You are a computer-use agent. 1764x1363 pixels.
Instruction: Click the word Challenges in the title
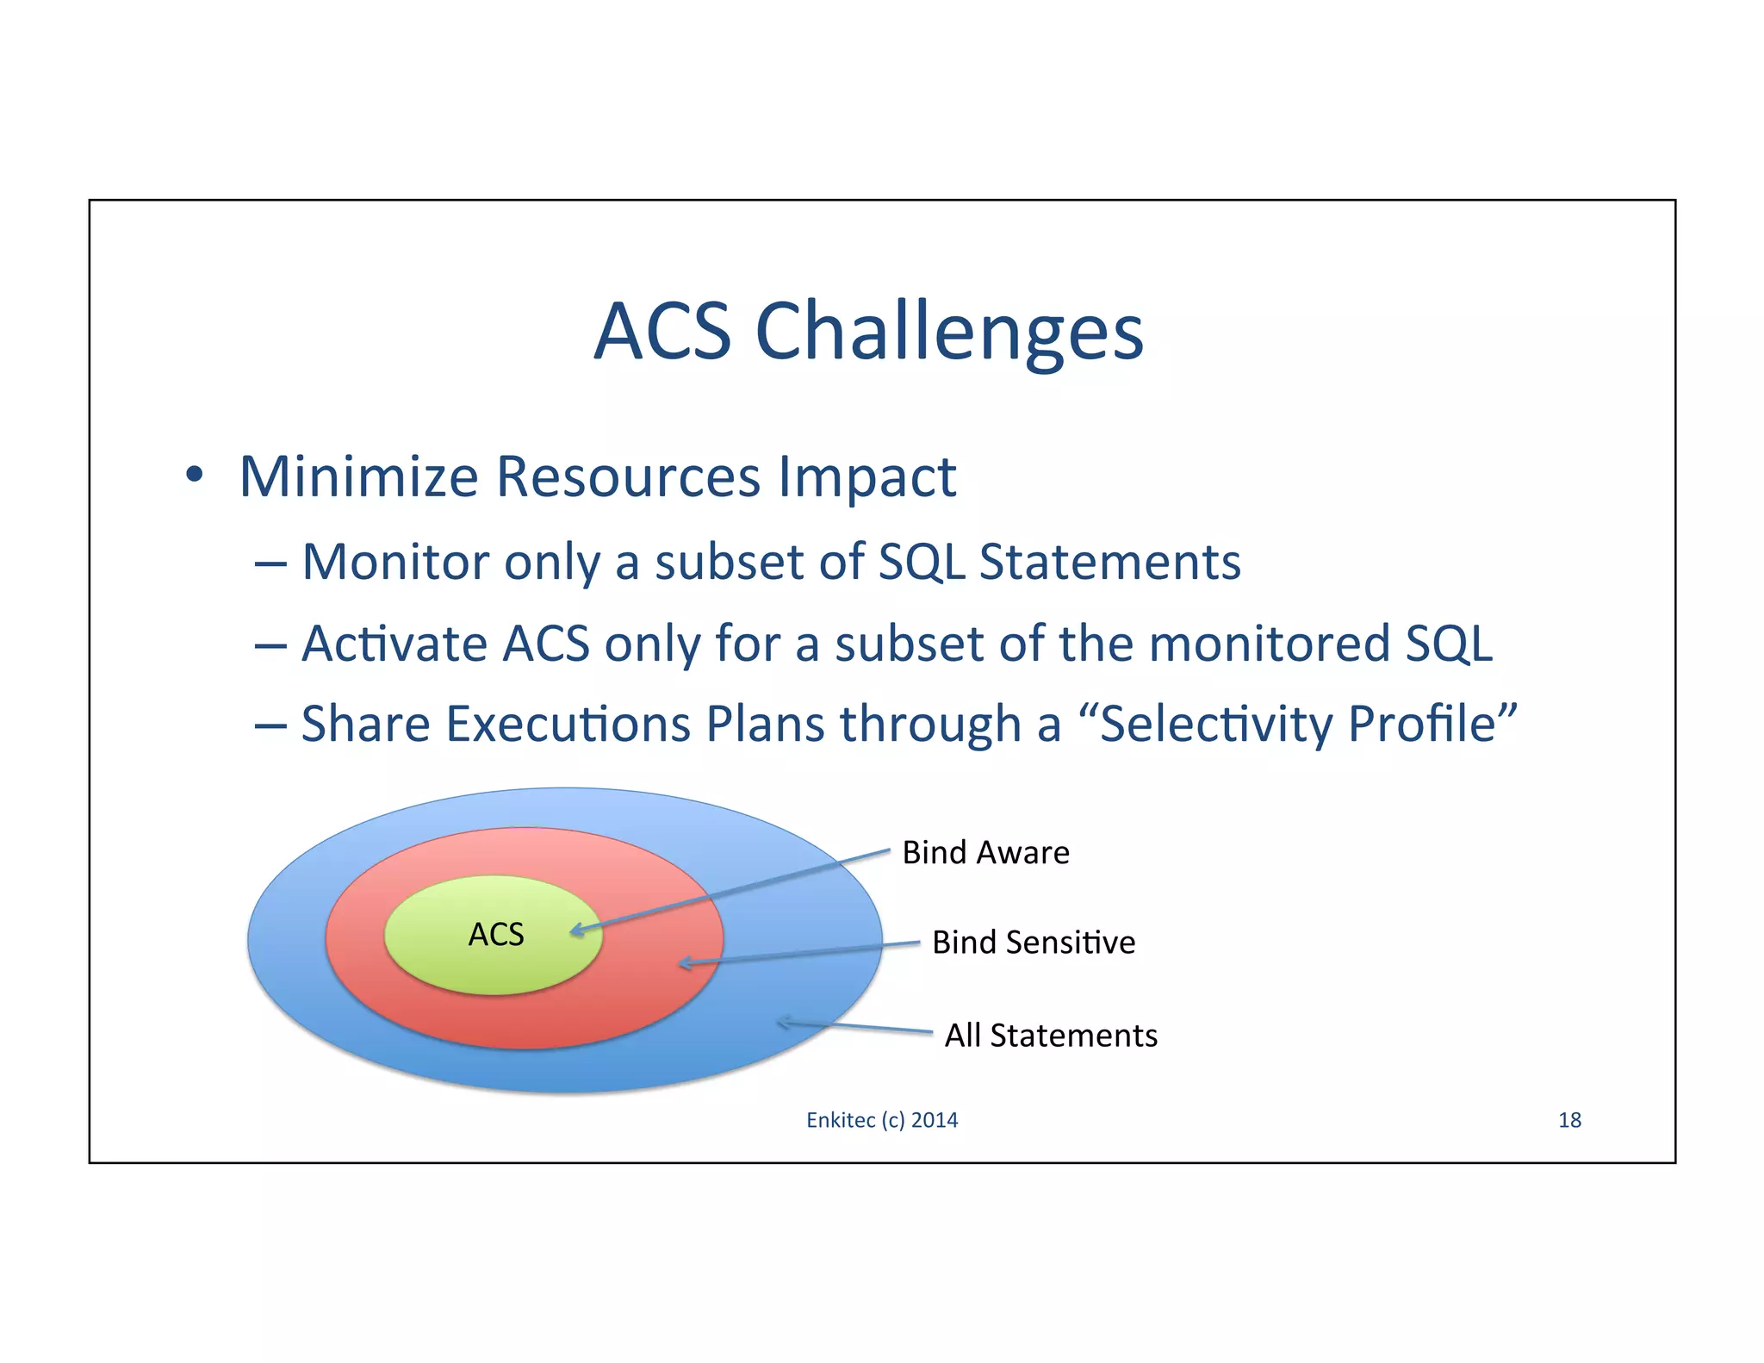tap(949, 333)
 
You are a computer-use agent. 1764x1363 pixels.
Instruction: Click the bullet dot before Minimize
tap(195, 475)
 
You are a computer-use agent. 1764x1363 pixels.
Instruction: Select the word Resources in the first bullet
tap(628, 476)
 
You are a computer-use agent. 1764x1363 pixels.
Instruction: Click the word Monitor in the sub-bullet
tap(396, 563)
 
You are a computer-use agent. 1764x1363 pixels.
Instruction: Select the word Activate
tap(394, 644)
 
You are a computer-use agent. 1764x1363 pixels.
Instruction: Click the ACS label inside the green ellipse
tap(496, 935)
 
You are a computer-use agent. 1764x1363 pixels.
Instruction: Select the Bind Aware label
tap(985, 853)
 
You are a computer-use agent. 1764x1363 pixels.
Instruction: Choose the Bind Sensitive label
tap(1033, 943)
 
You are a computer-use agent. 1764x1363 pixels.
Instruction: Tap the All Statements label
tap(1051, 1036)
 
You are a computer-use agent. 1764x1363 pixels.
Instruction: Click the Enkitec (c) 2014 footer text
tap(882, 1120)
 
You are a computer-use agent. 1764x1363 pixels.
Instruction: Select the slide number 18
tap(1569, 1120)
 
